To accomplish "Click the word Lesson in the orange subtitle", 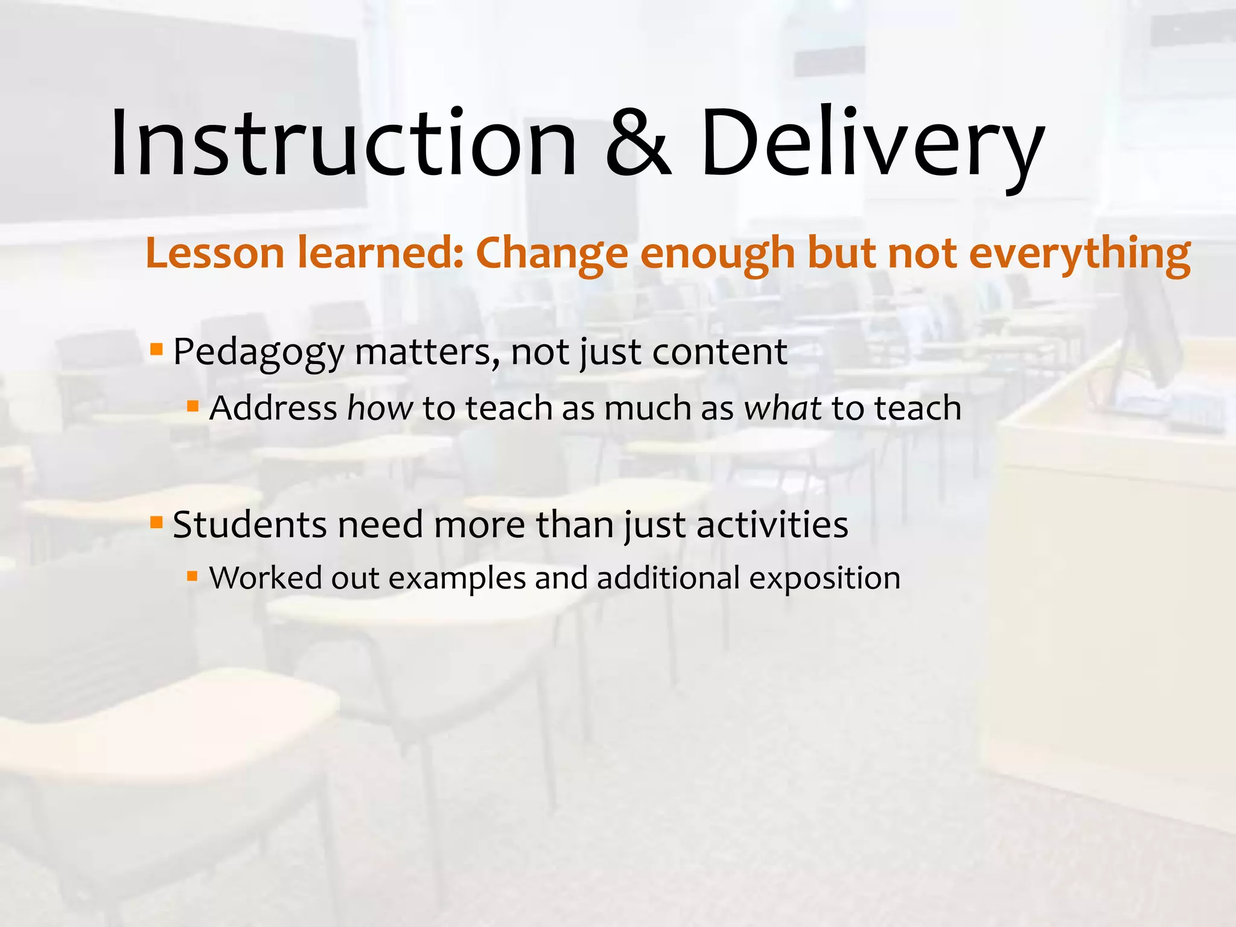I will tap(215, 253).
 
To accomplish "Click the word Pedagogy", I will tap(258, 352).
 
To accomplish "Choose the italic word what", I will tap(783, 408).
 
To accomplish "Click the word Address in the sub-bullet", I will tap(273, 408).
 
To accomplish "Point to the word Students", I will tap(249, 524).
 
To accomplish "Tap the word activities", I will tap(772, 524).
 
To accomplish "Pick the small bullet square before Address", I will tap(193, 406).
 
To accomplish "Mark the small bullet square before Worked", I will tap(193, 576).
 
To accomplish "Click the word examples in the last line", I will tap(457, 579).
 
